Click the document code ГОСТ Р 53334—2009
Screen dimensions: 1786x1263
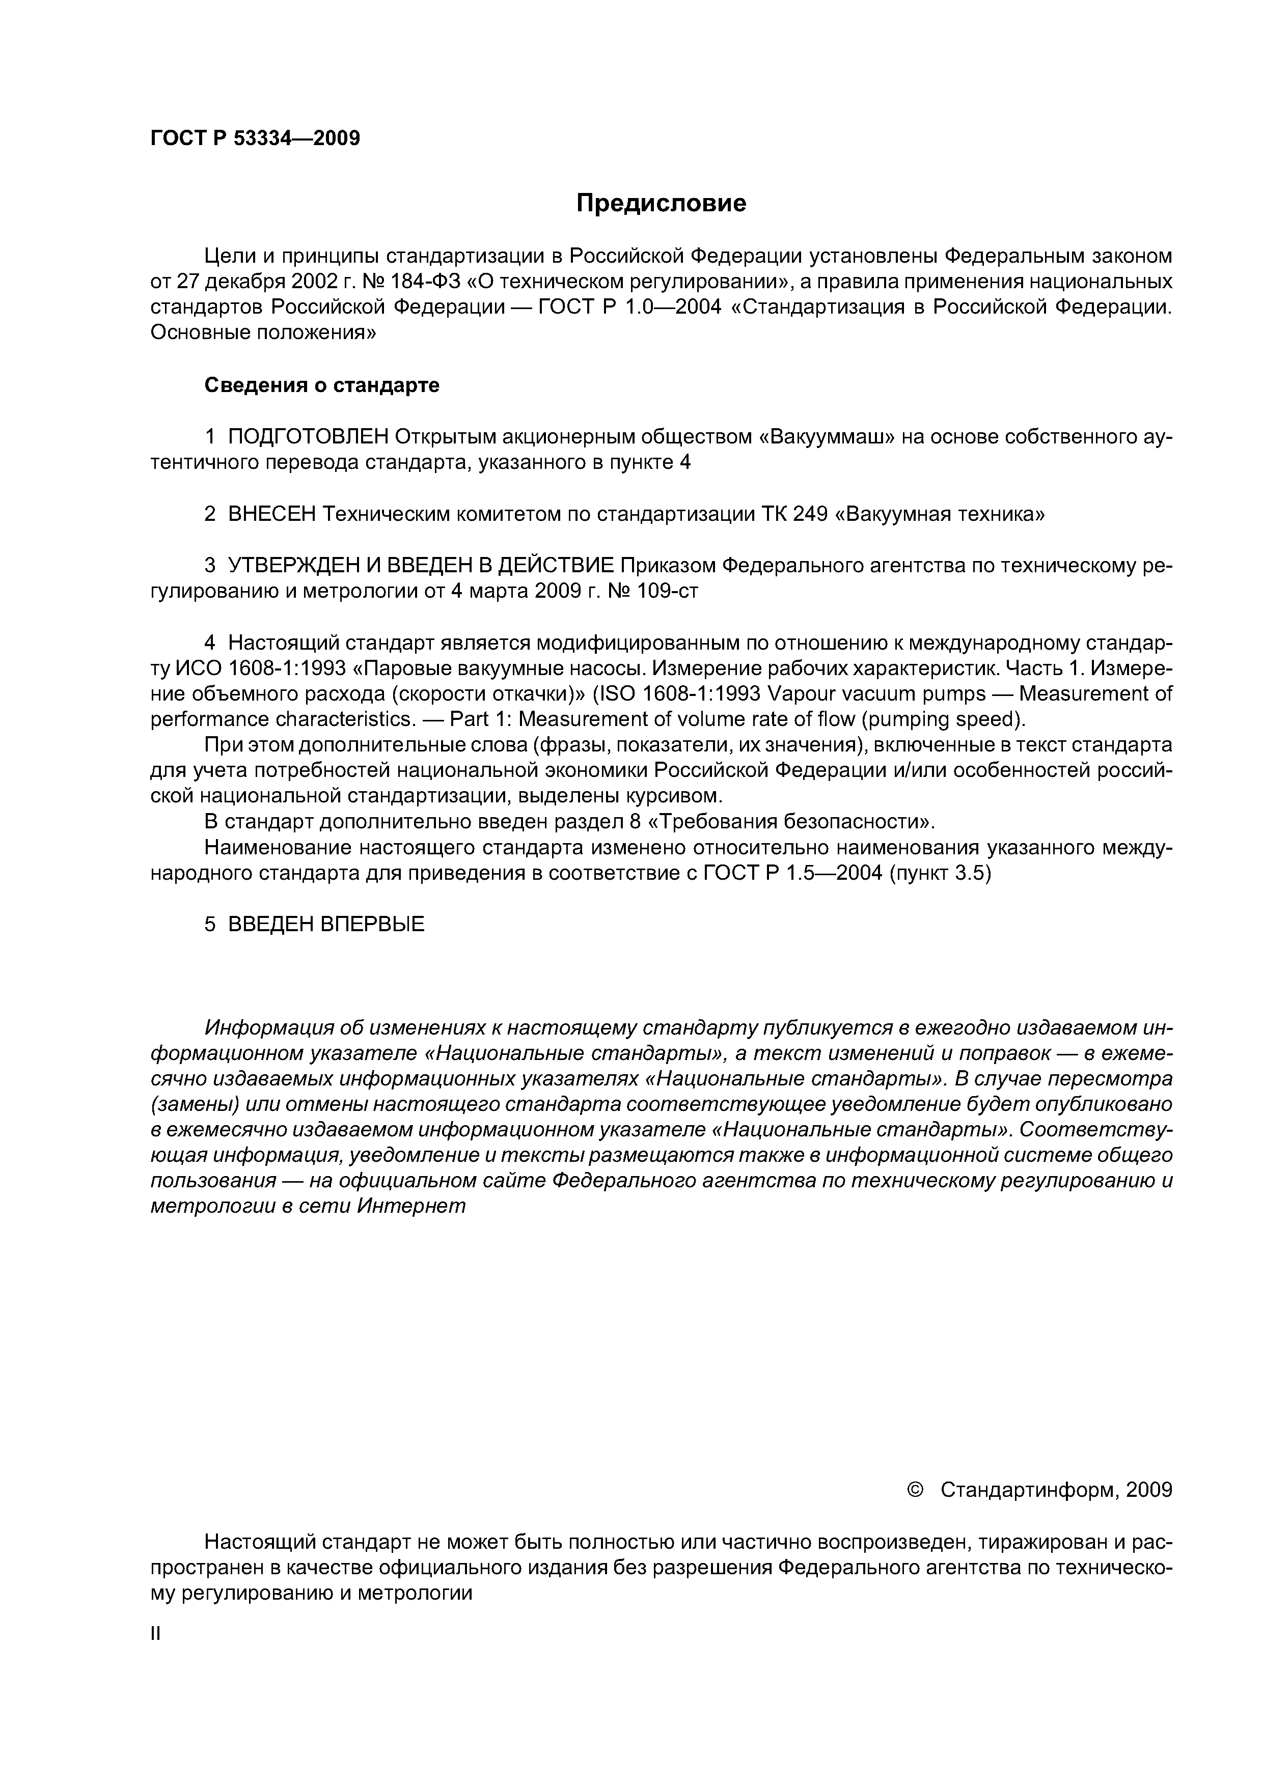255,139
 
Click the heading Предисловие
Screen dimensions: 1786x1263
661,204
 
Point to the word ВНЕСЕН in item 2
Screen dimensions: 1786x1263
272,514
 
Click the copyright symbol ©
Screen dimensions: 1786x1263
915,1490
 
